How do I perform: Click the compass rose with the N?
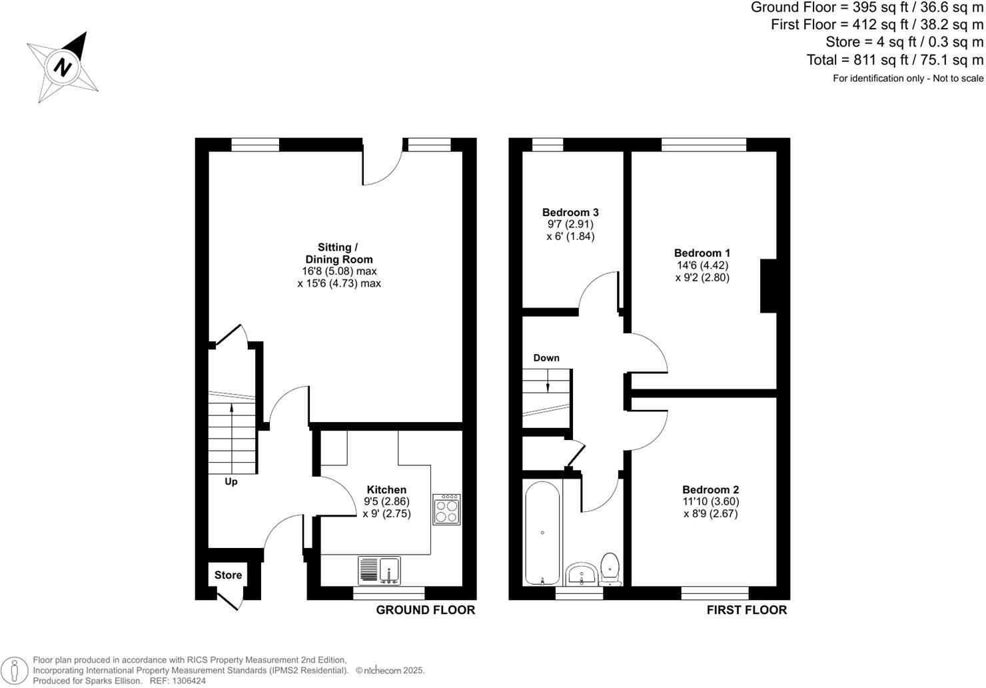point(63,67)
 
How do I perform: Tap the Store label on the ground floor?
point(228,575)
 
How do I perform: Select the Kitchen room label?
point(386,490)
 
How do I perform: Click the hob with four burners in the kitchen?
point(446,509)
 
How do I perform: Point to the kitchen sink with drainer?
point(379,571)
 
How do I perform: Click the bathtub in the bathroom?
point(542,533)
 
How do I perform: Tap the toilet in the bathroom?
point(610,567)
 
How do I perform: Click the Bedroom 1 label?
point(702,253)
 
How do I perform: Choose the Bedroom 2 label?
point(710,490)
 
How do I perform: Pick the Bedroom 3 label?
point(570,213)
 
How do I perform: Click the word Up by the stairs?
point(231,481)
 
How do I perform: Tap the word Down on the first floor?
point(546,358)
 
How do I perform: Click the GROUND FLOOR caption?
point(426,610)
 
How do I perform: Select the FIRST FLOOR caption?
point(746,610)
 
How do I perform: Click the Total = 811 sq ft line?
point(895,60)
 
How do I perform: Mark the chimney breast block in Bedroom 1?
point(769,285)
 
